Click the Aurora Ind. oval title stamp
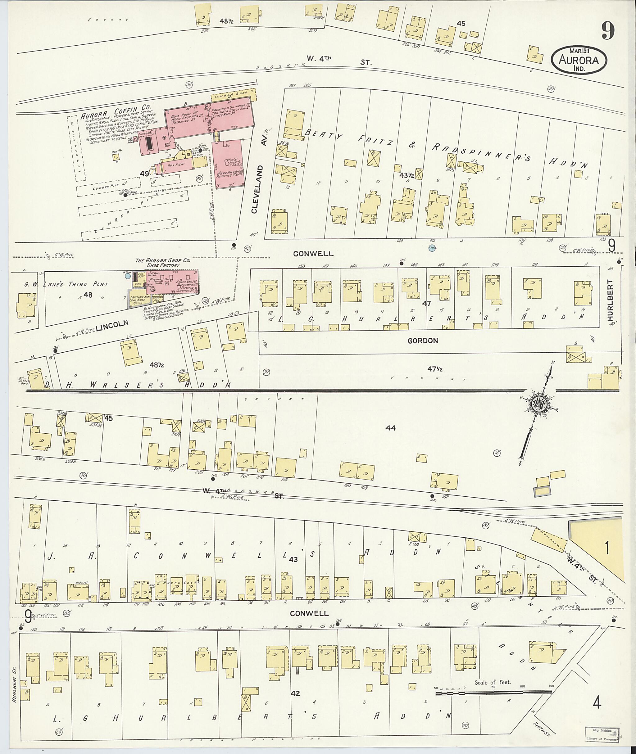tap(579, 60)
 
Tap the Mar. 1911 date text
tap(579, 51)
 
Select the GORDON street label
tap(423, 341)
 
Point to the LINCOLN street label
tap(112, 325)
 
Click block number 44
tap(390, 428)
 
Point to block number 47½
tap(435, 369)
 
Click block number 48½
tap(157, 365)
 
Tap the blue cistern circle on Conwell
tap(432, 248)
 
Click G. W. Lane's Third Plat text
tap(66, 284)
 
